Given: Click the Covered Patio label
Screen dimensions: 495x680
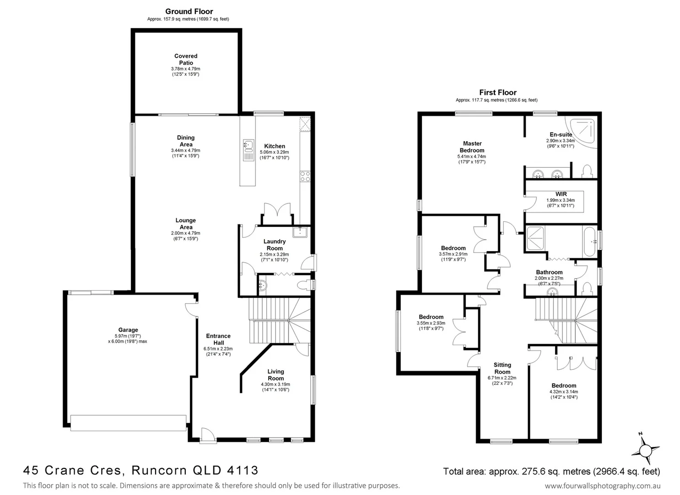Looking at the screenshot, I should pos(186,60).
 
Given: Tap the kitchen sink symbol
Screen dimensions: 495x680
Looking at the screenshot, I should pos(248,146).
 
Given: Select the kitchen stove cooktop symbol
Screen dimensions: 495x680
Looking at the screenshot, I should pos(305,176).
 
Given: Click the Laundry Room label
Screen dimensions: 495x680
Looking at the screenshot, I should pos(275,245).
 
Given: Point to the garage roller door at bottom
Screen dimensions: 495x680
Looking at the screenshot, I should pos(128,423).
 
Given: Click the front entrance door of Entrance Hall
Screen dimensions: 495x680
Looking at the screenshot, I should pos(208,435).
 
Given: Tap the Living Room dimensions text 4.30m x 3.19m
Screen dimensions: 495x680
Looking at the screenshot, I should pos(275,385).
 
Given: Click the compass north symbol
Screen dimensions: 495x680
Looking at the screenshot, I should pos(645,450).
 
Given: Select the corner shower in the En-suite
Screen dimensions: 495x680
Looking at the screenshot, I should pos(583,131).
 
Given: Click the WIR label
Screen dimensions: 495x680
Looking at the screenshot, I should pos(561,194).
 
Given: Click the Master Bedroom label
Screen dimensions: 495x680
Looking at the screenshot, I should pos(472,147).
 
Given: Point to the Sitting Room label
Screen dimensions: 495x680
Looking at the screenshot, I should pos(502,368).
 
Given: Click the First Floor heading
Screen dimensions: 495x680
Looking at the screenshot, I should pos(498,92).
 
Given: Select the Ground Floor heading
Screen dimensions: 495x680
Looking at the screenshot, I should pos(189,11).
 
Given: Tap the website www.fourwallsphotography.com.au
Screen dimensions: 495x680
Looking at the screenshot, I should pos(603,486).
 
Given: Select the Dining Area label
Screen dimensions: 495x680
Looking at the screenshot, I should pos(186,141).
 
